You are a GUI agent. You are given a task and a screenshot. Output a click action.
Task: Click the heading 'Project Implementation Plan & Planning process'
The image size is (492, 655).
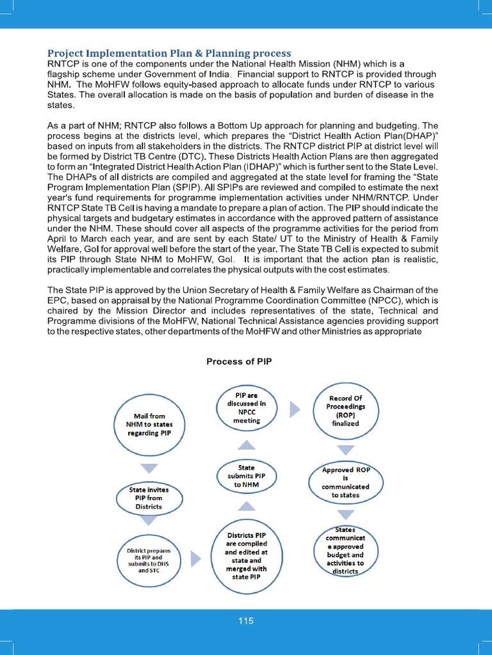coord(169,53)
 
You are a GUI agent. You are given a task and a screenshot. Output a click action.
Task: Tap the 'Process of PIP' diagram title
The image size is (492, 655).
coord(239,361)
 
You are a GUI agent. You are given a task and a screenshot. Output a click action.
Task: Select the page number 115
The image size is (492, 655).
coord(246,620)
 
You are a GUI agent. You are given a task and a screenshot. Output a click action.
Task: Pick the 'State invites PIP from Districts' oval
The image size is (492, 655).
coord(149,498)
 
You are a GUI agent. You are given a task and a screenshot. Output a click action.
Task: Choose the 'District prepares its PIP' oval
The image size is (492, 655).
coord(149,560)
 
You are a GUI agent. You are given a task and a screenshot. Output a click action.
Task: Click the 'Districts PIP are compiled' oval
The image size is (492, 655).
coord(246,556)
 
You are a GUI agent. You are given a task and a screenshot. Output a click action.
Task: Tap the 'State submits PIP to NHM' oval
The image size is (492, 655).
coord(246,477)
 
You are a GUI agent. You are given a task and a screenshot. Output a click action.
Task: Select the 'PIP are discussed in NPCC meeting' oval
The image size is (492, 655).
coord(247,408)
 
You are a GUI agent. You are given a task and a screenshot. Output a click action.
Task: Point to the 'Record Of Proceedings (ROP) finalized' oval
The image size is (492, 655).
coord(345,411)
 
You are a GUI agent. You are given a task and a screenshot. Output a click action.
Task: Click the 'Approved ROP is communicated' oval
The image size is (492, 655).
coord(345,483)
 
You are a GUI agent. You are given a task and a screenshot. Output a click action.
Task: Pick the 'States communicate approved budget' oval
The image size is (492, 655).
coord(345,551)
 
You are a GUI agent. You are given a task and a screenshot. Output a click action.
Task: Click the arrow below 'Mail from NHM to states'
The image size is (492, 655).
coord(149,468)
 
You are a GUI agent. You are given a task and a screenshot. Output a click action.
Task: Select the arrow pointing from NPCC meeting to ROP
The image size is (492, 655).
coord(295,409)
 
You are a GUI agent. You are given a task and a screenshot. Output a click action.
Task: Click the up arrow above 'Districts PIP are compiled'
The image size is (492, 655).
coord(246,507)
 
